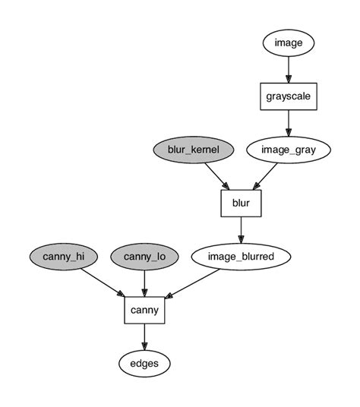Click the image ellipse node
[x=289, y=43]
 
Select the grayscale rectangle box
[x=289, y=96]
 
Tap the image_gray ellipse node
[x=289, y=150]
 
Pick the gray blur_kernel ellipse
[x=193, y=150]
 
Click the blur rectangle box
[x=241, y=204]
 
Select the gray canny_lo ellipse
[x=144, y=257]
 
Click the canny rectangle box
[x=144, y=310]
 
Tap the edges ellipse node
[x=144, y=363]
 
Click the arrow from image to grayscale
[x=289, y=69]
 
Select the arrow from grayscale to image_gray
[x=289, y=122]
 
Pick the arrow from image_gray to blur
[x=267, y=175]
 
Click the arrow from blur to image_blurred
[x=241, y=229]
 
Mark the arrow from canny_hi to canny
[x=102, y=282]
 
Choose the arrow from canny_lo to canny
[x=144, y=282]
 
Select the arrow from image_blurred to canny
[x=194, y=282]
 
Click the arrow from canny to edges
[x=144, y=336]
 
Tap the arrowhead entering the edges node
[x=144, y=345]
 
